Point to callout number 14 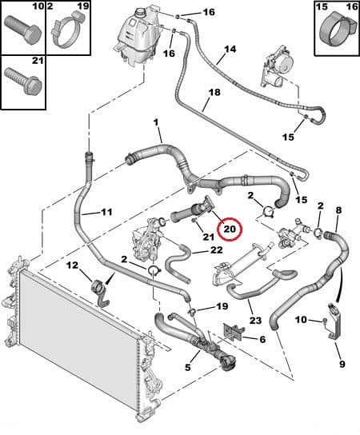[x=230, y=50]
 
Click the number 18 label [x=214, y=93]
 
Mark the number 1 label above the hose [x=158, y=122]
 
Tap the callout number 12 [x=72, y=265]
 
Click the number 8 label [x=338, y=211]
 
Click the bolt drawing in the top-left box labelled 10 [x=22, y=31]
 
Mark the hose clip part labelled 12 [x=98, y=288]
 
